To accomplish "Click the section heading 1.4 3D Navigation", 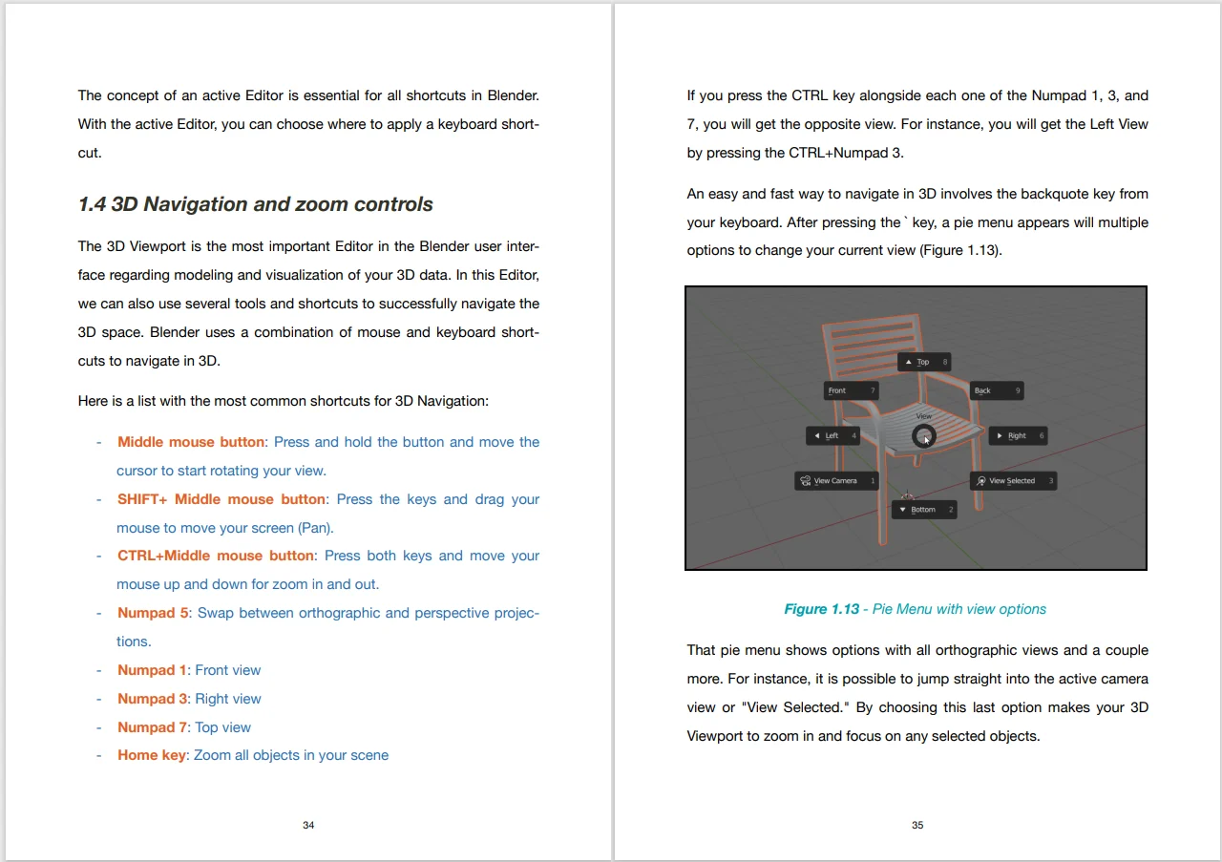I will pos(255,204).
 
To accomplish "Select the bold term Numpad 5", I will pos(153,613).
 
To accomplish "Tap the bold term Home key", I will pos(152,755).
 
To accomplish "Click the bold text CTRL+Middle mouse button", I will pos(215,556).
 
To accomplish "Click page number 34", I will pos(308,825).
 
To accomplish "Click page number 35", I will pos(917,825).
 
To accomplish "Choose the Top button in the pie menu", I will pos(923,362).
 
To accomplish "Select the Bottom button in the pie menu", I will pos(923,510).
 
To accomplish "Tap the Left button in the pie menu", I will pos(832,436).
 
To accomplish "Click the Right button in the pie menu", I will pos(1017,436).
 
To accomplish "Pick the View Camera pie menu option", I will pos(835,481).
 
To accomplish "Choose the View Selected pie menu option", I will pos(1012,481).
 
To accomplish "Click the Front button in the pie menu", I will pos(850,390).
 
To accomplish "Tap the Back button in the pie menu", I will pos(996,390).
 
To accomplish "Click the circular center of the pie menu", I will pos(923,437).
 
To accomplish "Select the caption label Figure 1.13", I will pos(821,609).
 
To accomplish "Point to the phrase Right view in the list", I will pos(227,699).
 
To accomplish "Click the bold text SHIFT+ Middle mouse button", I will pos(221,499).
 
